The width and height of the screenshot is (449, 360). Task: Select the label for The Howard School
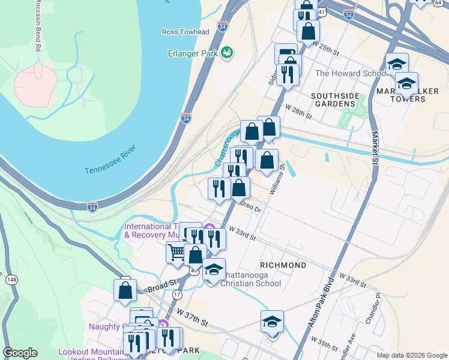(x=351, y=74)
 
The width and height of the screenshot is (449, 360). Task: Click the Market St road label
(x=375, y=149)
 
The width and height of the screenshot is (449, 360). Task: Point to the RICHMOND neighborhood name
(x=283, y=265)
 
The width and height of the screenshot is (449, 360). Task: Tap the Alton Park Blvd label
(x=319, y=306)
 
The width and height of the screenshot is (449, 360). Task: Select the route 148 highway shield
(x=11, y=280)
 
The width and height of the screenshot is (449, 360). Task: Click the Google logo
(x=20, y=353)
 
